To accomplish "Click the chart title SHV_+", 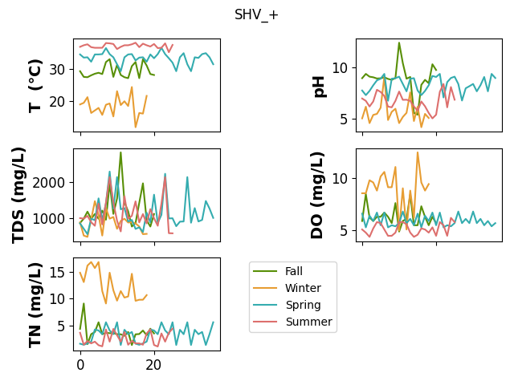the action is click(x=256, y=15).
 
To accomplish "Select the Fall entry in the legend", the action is click(x=294, y=271).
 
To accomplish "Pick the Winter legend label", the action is click(x=303, y=288).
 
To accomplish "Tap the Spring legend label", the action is click(x=303, y=305).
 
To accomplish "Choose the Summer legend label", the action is click(x=308, y=322).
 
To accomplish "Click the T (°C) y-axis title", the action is click(x=35, y=86).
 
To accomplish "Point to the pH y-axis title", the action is click(x=319, y=87).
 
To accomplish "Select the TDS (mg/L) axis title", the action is click(x=19, y=196).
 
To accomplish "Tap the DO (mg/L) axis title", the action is click(x=317, y=196).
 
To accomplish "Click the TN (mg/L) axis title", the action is click(x=35, y=305).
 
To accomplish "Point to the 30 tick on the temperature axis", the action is click(x=57, y=70).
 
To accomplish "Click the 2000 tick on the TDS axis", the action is click(x=49, y=183).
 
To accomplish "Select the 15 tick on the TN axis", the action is click(x=57, y=272).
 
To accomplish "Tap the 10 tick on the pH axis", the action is click(x=340, y=68).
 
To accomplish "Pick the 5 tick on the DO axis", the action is click(x=344, y=231).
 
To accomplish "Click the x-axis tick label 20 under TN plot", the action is click(x=153, y=365).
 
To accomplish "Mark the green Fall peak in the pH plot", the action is click(x=399, y=43).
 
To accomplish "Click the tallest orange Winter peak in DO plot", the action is click(x=418, y=152).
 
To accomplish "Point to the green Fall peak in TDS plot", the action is click(x=120, y=152).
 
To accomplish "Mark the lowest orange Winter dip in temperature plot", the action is click(x=136, y=127).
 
